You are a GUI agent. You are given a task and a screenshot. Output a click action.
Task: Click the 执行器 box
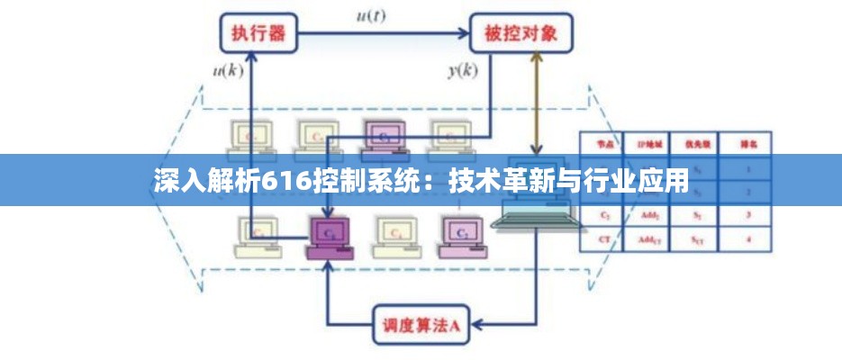pos(258,34)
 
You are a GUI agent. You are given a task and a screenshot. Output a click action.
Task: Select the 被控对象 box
pos(521,34)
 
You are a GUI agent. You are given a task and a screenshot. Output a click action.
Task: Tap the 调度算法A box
pos(421,324)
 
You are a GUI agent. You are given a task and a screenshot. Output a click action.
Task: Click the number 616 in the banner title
pos(285,181)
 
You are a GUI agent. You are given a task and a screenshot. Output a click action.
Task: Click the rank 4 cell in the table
pos(747,239)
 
